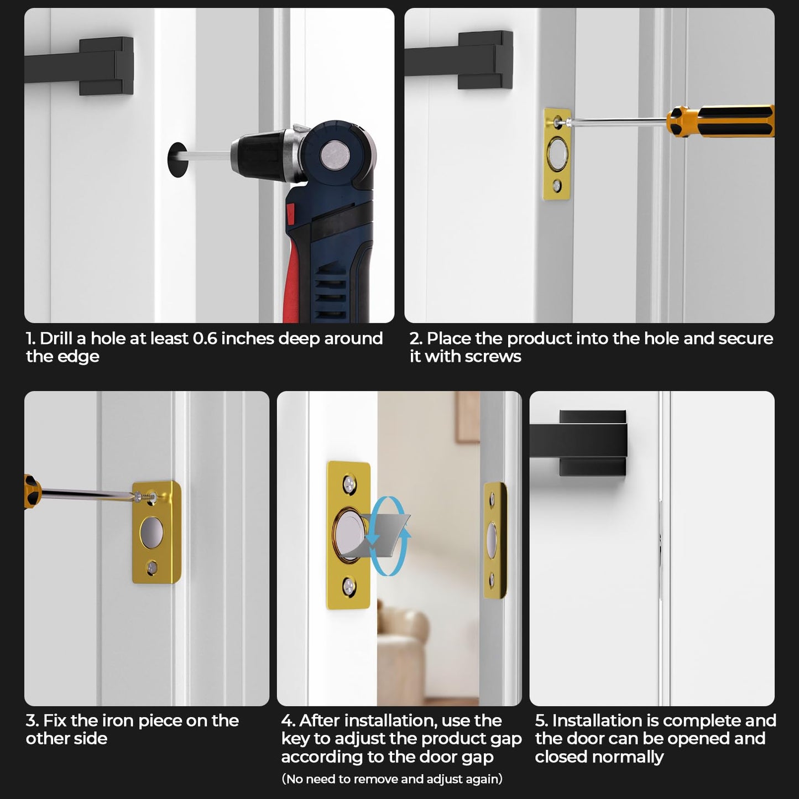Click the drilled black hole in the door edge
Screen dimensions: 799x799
pos(177,160)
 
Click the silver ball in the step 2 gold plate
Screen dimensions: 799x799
pos(557,152)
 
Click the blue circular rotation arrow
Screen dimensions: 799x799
pos(389,536)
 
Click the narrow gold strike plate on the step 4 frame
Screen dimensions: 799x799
pos(494,541)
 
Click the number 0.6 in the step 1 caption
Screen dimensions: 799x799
pos(205,338)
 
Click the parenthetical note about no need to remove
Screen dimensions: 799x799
pos(392,779)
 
